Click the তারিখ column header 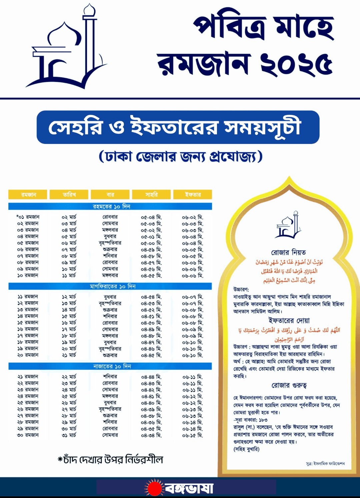click(69, 195)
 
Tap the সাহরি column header click(151, 195)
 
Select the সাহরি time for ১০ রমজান click(151, 275)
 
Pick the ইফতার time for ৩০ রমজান click(192, 435)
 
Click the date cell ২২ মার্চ click(69, 377)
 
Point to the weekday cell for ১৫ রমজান click(110, 322)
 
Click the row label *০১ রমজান click(28, 217)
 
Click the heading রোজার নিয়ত click(288, 252)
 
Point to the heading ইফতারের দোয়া click(289, 320)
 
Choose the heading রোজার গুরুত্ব click(289, 385)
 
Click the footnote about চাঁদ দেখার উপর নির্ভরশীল click(110, 460)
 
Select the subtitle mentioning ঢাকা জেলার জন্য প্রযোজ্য click(180, 156)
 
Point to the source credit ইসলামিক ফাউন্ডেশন click(325, 463)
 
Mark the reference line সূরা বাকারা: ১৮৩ click(250, 420)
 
